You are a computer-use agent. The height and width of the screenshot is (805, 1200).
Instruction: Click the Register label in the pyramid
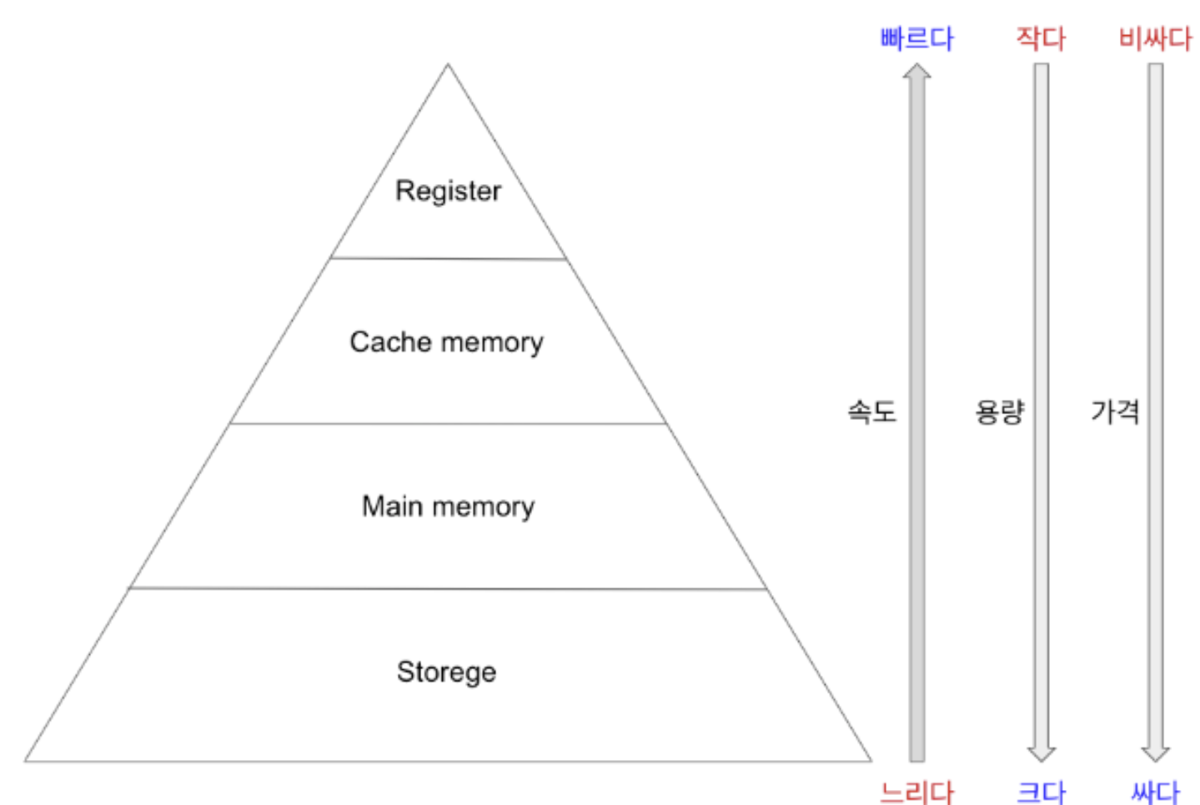pos(448,191)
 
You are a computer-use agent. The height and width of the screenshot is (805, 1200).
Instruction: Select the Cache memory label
pos(446,342)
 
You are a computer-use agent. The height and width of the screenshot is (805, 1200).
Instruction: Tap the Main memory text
pos(448,506)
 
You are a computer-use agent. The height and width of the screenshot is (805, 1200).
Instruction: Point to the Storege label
pos(446,672)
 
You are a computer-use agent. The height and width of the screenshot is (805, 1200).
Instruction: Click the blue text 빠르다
pos(916,38)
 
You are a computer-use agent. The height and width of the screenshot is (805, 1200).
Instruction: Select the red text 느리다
pos(916,791)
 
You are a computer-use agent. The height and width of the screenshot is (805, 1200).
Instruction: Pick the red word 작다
pos(1041,38)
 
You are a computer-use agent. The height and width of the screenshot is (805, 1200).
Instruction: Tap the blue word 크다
pos(1041,791)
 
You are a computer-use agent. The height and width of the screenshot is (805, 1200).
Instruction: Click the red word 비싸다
pos(1155,38)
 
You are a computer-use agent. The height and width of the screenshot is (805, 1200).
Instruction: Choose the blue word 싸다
pos(1155,791)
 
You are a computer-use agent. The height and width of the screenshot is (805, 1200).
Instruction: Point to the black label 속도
pos(871,411)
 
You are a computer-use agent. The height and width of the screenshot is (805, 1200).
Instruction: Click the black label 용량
pos(999,411)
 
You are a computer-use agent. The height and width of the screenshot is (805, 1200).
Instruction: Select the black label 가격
pos(1115,411)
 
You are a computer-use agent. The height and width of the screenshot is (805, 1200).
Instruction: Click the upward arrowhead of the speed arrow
pos(916,72)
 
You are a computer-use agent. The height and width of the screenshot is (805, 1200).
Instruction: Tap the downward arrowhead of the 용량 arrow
pos(1042,753)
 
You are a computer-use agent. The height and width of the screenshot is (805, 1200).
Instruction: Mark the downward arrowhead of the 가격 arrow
pos(1156,753)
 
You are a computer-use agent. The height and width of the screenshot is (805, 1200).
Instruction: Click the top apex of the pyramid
pos(448,65)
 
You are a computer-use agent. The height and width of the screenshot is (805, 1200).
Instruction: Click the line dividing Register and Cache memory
pos(448,258)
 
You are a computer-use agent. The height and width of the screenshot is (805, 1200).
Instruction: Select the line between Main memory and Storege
pos(448,588)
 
